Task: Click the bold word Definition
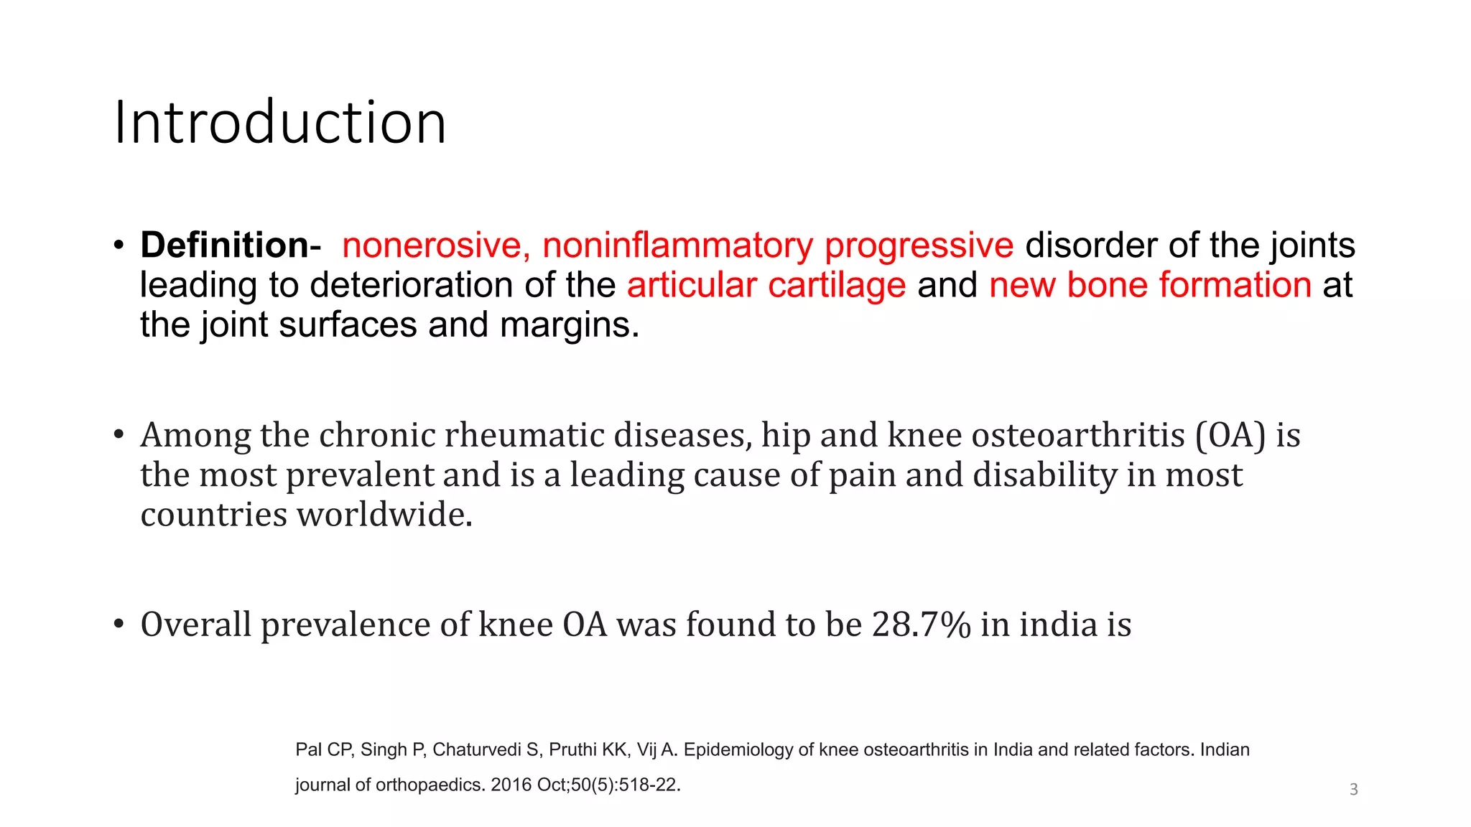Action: point(224,246)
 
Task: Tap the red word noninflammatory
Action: point(677,246)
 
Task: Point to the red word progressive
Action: point(919,246)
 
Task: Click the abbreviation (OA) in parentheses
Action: point(1230,435)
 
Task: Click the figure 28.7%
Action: point(921,625)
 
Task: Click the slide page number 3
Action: point(1353,790)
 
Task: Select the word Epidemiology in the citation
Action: point(739,750)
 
